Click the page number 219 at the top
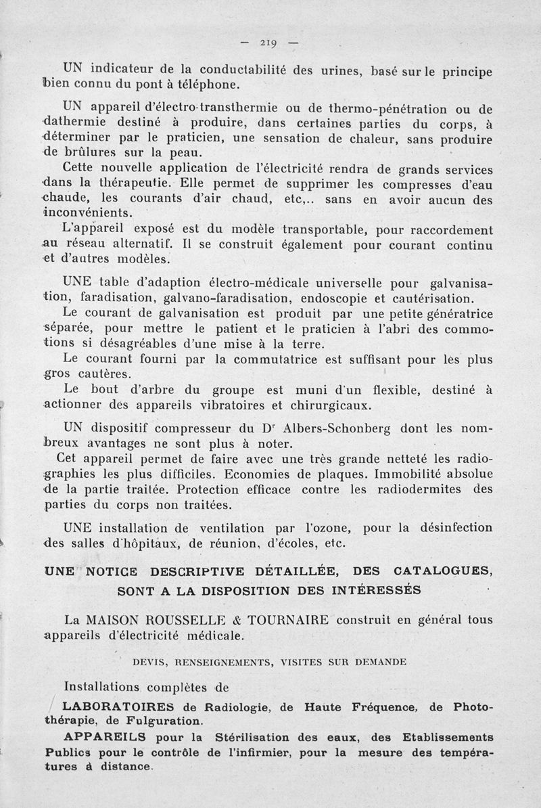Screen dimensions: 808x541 tap(268, 43)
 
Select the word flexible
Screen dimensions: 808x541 tap(404, 390)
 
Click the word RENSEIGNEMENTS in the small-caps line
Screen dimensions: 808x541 tap(219, 663)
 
